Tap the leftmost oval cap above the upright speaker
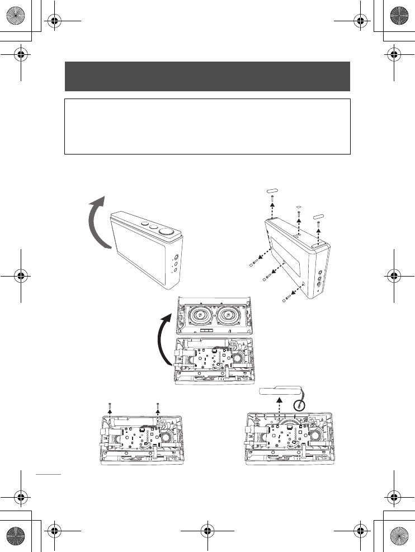(271, 191)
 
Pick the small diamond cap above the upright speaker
(299, 205)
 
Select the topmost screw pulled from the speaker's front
(254, 261)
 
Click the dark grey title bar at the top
(207, 76)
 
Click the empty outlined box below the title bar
(207, 126)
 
